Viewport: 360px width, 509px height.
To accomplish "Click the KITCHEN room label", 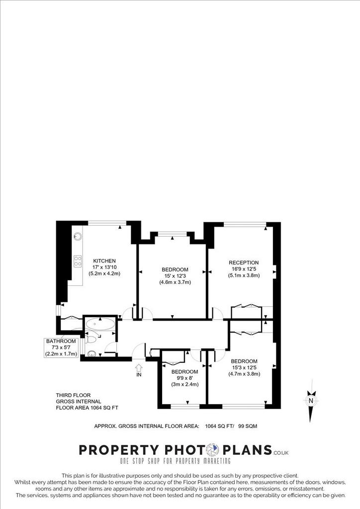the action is tap(104, 260).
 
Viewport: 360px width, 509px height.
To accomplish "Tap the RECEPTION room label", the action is tap(244, 262).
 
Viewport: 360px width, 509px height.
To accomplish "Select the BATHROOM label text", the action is tap(61, 341).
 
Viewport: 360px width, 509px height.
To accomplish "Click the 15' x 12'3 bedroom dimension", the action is tap(175, 276).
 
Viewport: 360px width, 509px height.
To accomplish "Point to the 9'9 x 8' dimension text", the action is tap(184, 378).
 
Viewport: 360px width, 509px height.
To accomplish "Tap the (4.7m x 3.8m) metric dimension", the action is tap(244, 374).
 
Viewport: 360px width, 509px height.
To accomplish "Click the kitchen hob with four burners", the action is tap(78, 261).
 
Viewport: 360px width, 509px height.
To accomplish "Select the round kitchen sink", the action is tap(78, 236).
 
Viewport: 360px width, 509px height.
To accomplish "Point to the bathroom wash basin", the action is tap(92, 353).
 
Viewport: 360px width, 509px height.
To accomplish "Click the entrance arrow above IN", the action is tap(139, 368).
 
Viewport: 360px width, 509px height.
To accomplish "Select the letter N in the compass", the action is tap(311, 401).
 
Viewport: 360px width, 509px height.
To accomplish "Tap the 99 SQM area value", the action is tap(248, 426).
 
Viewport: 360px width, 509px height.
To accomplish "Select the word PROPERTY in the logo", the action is tap(119, 450).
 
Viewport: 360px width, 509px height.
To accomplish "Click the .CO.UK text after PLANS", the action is tap(281, 452).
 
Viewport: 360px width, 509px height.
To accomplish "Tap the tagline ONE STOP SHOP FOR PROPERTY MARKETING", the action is tap(176, 461).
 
